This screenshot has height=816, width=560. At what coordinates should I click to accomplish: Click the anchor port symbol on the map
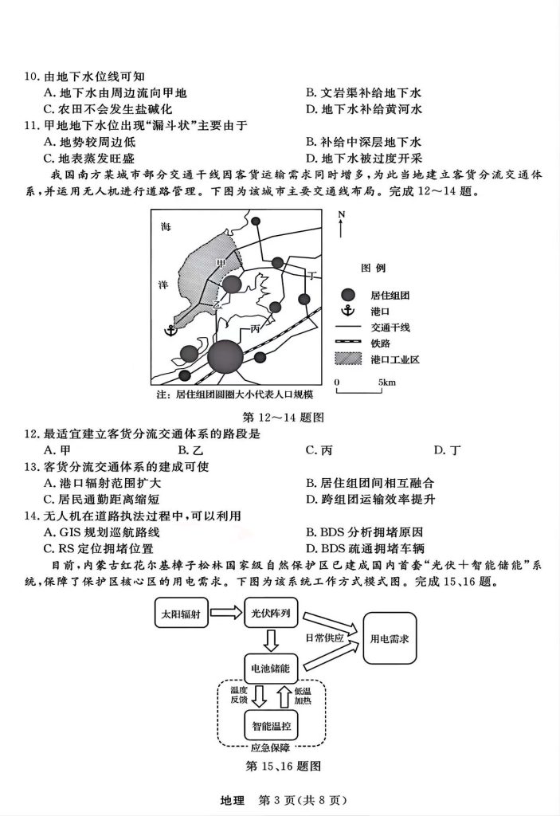(170, 330)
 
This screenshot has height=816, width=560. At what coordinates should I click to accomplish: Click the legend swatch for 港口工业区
(347, 359)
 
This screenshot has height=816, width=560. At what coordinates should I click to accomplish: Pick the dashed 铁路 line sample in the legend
(347, 343)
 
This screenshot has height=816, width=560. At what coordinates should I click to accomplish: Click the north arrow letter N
(341, 215)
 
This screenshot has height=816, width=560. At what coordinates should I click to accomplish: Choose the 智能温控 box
(270, 726)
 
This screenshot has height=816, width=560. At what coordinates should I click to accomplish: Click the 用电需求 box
(396, 639)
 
